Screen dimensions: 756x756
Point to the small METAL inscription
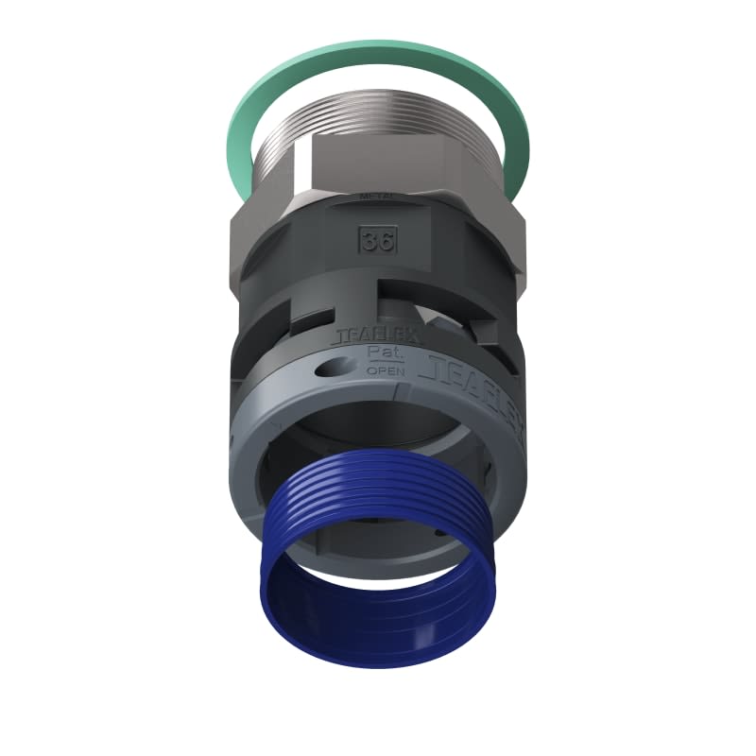click(376, 197)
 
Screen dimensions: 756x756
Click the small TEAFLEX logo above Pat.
click(376, 335)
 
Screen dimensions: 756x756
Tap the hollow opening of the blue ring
click(378, 605)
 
